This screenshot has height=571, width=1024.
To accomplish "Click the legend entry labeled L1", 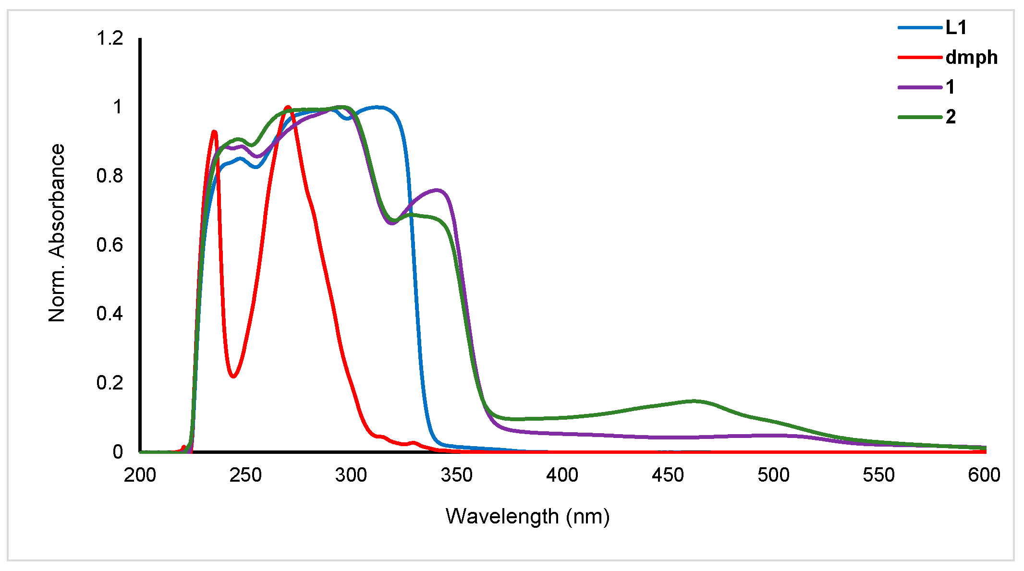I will pyautogui.click(x=956, y=28).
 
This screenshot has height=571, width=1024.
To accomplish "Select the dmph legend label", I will pyautogui.click(x=971, y=58).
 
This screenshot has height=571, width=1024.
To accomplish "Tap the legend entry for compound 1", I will pyautogui.click(x=950, y=87).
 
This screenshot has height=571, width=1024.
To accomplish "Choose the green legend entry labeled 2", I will pyautogui.click(x=951, y=117).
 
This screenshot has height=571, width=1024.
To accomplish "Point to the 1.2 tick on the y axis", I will pyautogui.click(x=110, y=38).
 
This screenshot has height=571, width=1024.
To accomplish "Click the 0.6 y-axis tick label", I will pyautogui.click(x=110, y=245).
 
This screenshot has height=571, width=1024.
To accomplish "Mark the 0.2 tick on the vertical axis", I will pyautogui.click(x=110, y=383).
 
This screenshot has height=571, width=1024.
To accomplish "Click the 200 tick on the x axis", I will pyautogui.click(x=140, y=475).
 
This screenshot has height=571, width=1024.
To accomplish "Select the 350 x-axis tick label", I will pyautogui.click(x=456, y=475).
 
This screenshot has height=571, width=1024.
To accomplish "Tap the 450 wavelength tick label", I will pyautogui.click(x=668, y=475).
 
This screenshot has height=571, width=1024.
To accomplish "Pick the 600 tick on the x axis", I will pyautogui.click(x=984, y=475).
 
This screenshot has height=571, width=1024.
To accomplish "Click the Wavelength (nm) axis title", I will pyautogui.click(x=527, y=517).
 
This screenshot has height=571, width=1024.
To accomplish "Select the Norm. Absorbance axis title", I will pyautogui.click(x=57, y=233).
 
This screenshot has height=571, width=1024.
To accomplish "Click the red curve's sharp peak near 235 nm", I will pyautogui.click(x=214, y=132).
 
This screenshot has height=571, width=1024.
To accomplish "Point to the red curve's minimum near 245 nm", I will pyautogui.click(x=233, y=376).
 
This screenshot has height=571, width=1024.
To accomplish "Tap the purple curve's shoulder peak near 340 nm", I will pyautogui.click(x=437, y=190).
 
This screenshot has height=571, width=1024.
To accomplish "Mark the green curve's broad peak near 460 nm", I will pyautogui.click(x=694, y=401).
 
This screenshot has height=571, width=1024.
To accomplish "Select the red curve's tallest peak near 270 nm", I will pyautogui.click(x=288, y=107).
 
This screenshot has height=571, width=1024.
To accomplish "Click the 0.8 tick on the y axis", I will pyautogui.click(x=110, y=176).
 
